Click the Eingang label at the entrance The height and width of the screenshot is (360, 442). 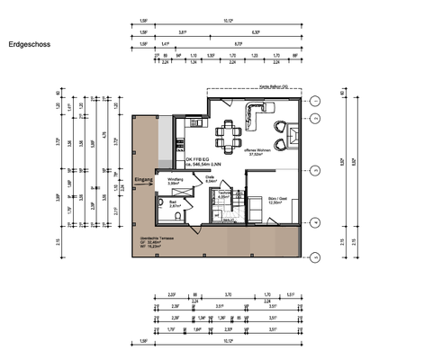[x=143, y=181]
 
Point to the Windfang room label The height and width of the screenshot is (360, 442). [x=175, y=182]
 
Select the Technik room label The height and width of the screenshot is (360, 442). [x=225, y=194]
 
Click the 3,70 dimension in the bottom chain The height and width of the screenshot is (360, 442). [x=228, y=293]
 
